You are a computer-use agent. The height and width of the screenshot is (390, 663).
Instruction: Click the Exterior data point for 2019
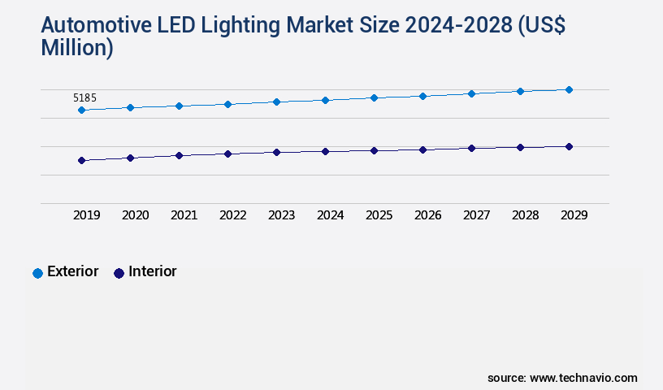pyautogui.click(x=81, y=110)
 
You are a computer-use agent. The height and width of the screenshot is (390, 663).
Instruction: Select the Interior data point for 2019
pyautogui.click(x=81, y=161)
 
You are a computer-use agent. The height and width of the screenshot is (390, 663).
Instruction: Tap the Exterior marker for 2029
pyautogui.click(x=569, y=89)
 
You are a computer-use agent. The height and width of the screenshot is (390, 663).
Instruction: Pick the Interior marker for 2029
pyautogui.click(x=569, y=146)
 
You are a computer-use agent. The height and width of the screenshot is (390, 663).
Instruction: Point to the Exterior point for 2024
pyautogui.click(x=325, y=100)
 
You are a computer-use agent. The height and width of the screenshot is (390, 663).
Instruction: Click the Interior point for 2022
pyautogui.click(x=227, y=154)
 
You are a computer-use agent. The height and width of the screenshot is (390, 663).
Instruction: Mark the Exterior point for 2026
pyautogui.click(x=422, y=96)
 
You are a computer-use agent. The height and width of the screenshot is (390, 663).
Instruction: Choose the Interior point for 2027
pyautogui.click(x=471, y=148)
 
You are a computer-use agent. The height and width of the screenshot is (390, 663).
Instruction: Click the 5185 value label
pyautogui.click(x=84, y=98)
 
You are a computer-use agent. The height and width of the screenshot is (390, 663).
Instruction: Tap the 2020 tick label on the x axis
pyautogui.click(x=135, y=215)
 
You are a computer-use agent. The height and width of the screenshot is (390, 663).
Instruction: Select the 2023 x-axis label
pyautogui.click(x=281, y=215)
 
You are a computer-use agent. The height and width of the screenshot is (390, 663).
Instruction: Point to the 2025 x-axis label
pyautogui.click(x=379, y=215)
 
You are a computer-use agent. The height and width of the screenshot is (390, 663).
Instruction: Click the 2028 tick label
pyautogui.click(x=525, y=215)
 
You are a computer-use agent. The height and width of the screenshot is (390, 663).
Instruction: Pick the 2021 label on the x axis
pyautogui.click(x=184, y=215)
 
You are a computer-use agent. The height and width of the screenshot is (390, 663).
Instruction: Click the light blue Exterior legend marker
pyautogui.click(x=37, y=273)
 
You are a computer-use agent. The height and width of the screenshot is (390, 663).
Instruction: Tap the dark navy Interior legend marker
pyautogui.click(x=119, y=273)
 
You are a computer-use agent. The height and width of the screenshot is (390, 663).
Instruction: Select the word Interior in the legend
pyautogui.click(x=153, y=271)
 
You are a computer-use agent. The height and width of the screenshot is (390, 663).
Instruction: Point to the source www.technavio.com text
pyautogui.click(x=562, y=378)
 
